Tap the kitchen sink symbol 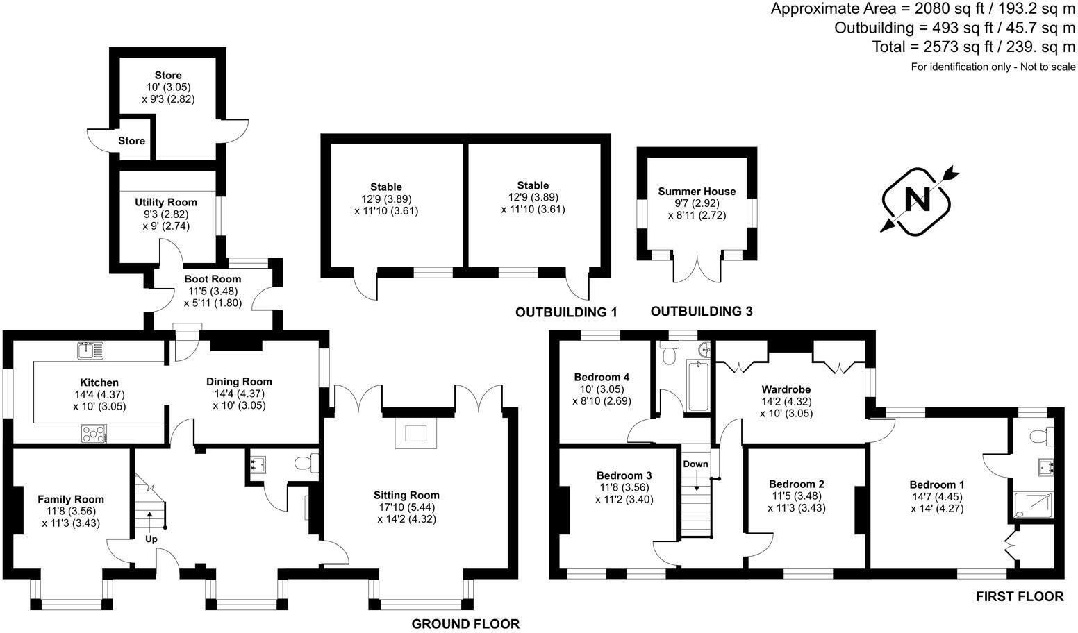(90, 350)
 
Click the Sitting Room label (406, 495)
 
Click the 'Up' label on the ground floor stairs (151, 539)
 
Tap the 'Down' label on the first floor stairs (695, 464)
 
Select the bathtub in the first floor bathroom (696, 386)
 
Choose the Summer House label (697, 192)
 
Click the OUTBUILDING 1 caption (566, 312)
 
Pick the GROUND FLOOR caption (465, 623)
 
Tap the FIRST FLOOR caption (1019, 596)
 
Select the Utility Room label (166, 202)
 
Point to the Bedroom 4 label (602, 377)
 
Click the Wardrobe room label (786, 389)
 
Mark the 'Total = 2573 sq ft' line (973, 47)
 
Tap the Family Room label (71, 499)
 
